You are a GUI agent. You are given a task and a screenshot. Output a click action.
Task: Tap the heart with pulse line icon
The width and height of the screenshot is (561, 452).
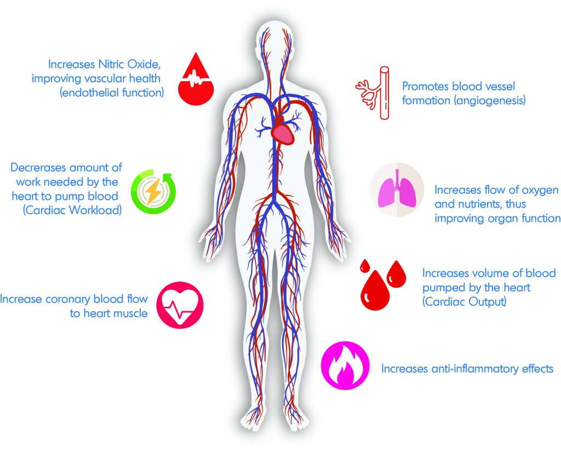[180, 306]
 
